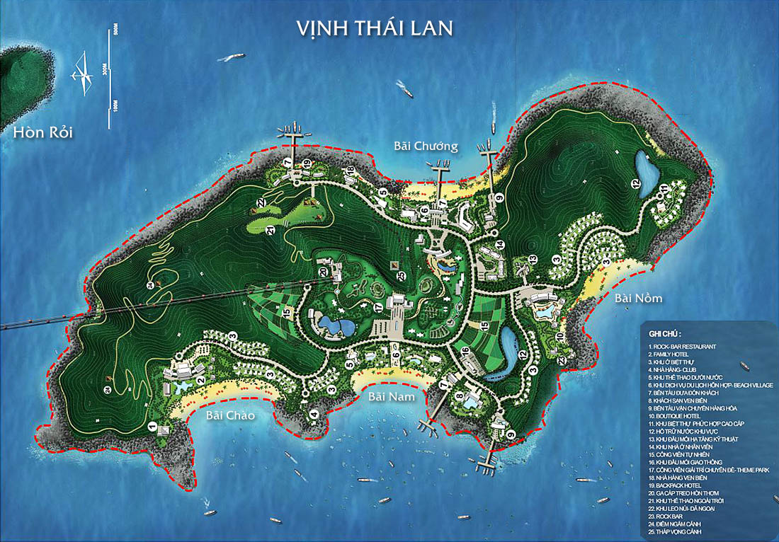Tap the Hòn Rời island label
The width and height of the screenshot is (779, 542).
click(42, 132)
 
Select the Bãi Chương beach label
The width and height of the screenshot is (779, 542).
click(426, 146)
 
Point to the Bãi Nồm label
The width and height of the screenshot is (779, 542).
click(638, 298)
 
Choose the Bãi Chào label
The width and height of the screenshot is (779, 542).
click(230, 415)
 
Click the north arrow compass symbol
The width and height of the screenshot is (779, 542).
click(83, 74)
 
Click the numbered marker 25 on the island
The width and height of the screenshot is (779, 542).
click(402, 275)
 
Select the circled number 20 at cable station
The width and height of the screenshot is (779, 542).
click(322, 272)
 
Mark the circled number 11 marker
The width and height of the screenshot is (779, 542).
click(664, 188)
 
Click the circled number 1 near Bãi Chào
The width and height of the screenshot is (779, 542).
click(152, 426)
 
